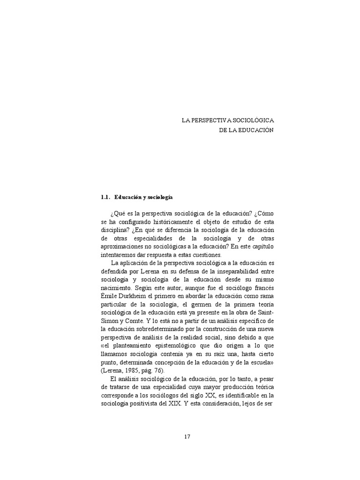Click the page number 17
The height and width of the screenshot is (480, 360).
[187, 437]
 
